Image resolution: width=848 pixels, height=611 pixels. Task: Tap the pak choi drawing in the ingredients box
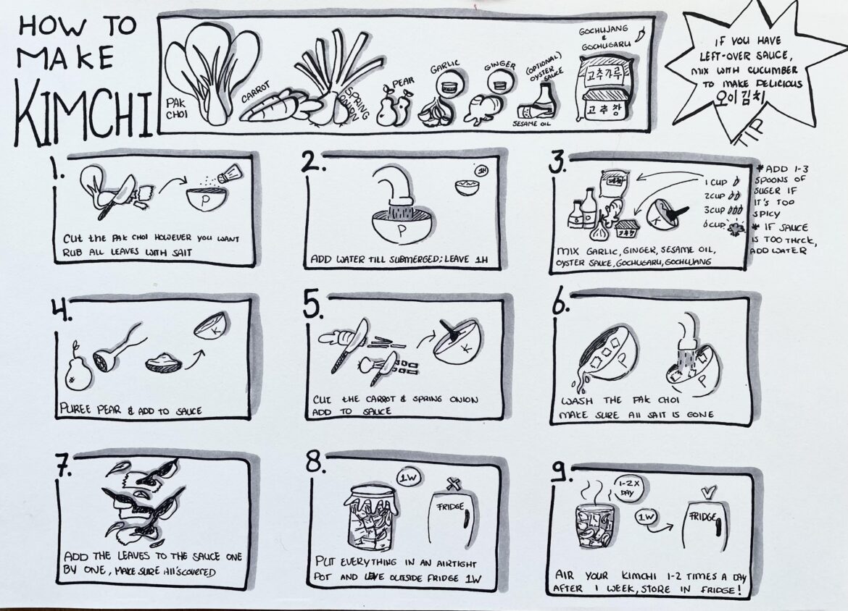pos(210,76)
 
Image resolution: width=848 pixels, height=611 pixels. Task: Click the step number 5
pos(313,309)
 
